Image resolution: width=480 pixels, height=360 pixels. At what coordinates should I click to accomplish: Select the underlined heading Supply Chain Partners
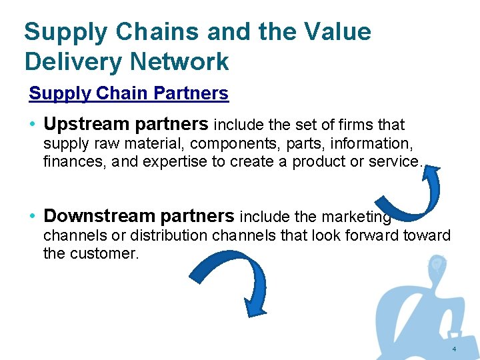tap(129, 93)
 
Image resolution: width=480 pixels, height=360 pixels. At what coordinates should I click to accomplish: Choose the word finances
tap(69, 161)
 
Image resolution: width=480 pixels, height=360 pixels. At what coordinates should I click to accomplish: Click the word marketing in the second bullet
tap(357, 217)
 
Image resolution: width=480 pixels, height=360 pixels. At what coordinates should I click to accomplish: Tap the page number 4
tap(454, 350)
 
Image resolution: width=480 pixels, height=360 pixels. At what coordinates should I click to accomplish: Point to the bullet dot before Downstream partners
tap(33, 217)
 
